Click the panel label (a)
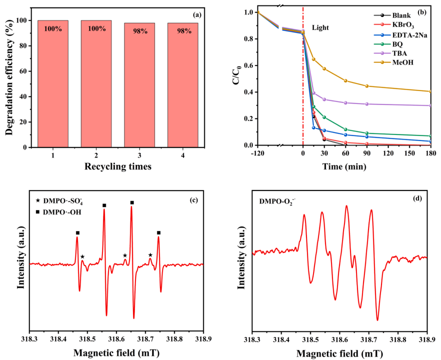(196, 14)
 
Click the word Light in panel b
(320, 28)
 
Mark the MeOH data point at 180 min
(429, 91)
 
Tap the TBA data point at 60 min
(345, 102)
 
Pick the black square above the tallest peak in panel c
(132, 202)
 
